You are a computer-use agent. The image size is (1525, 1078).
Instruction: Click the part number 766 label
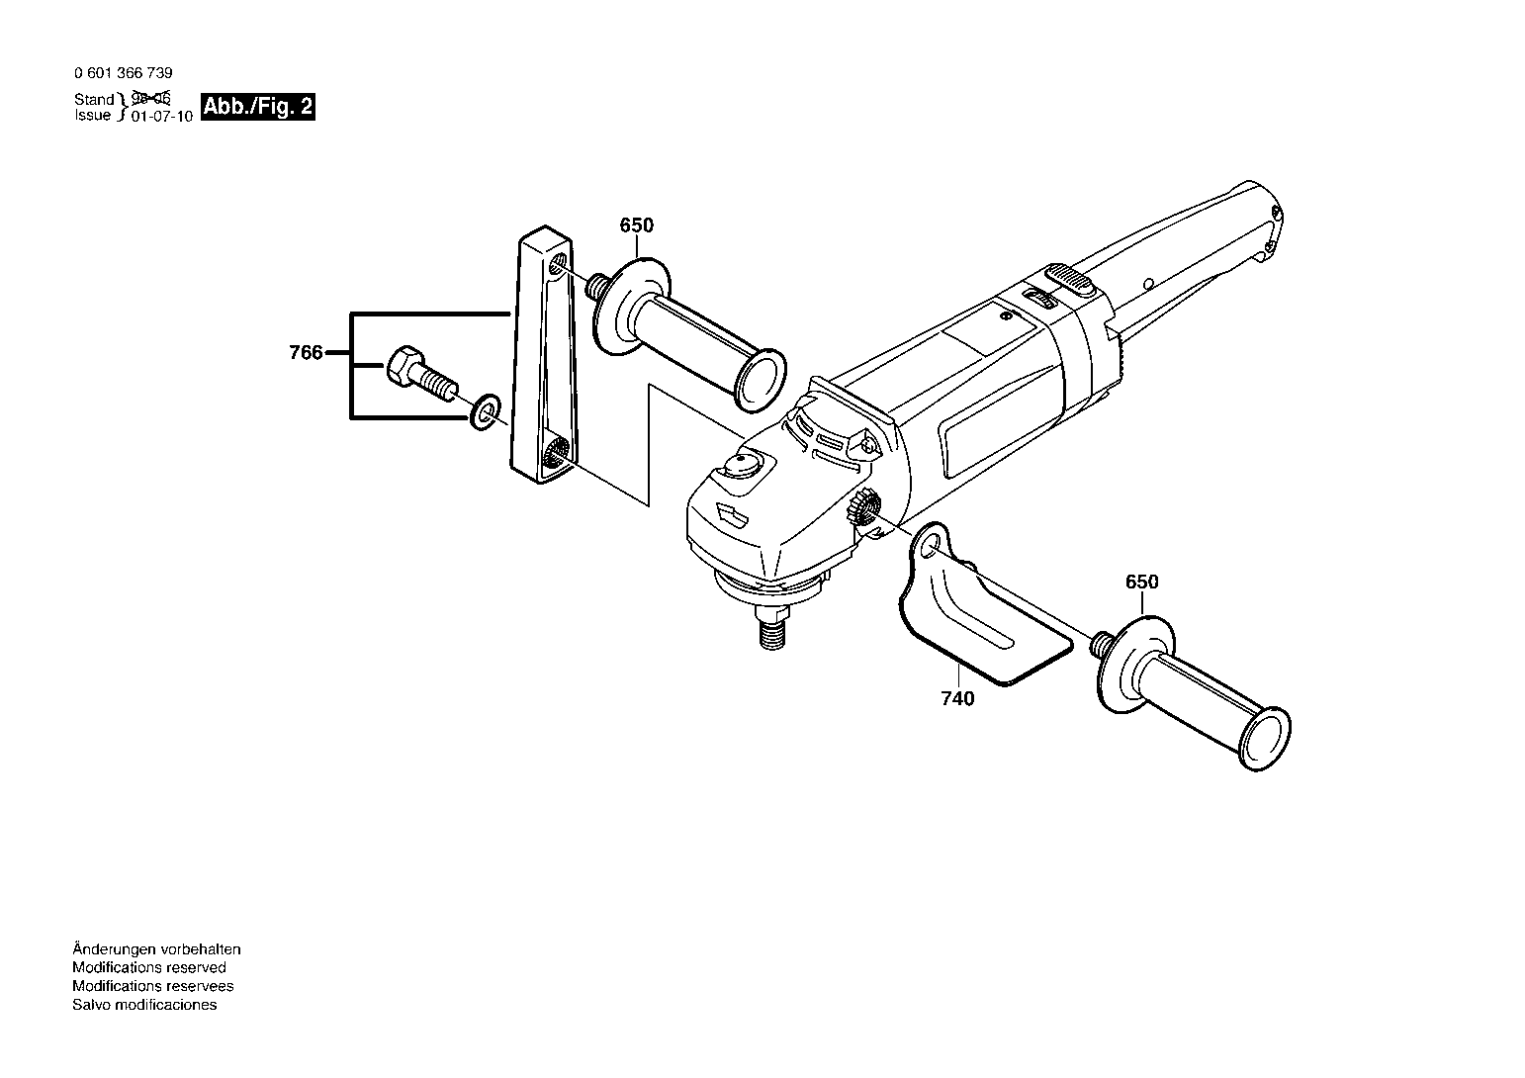[x=306, y=353]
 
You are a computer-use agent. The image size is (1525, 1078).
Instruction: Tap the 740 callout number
[x=957, y=698]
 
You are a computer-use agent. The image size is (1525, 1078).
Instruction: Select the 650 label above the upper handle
[x=637, y=225]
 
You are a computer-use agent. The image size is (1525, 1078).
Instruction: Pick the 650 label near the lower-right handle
[x=1141, y=583]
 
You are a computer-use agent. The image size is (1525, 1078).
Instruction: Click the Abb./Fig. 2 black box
[x=259, y=107]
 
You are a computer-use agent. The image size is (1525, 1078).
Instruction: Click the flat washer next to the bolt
[x=485, y=411]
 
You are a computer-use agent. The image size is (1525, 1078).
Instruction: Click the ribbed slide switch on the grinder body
[x=1069, y=280]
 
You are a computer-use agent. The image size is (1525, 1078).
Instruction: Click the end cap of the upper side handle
[x=762, y=382]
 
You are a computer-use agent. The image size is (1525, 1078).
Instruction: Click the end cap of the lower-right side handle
[x=1266, y=739]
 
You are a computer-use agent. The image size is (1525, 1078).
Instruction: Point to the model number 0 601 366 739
[x=124, y=73]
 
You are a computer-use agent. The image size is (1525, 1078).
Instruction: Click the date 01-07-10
[x=162, y=117]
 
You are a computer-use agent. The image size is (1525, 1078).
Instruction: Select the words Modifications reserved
[x=149, y=967]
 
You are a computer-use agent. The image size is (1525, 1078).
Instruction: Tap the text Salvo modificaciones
[x=144, y=1005]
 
